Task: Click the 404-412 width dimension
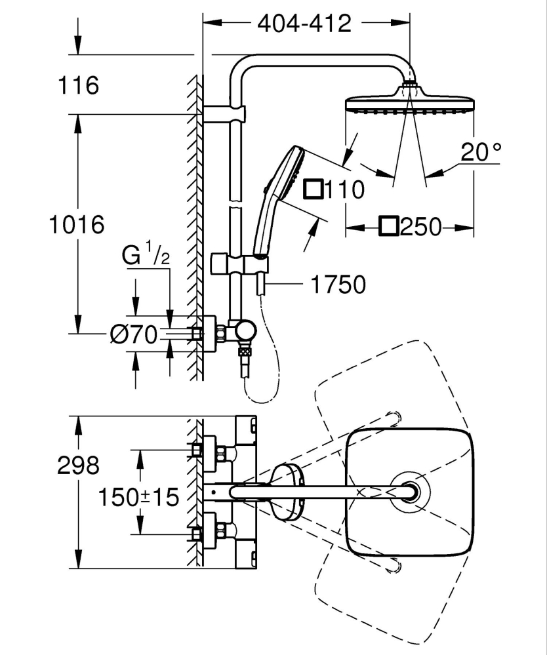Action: tap(304, 24)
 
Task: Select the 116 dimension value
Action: tap(77, 85)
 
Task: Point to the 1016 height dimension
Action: tap(77, 225)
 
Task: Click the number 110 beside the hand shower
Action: tap(345, 190)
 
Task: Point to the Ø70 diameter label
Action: tap(134, 335)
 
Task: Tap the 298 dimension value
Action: tap(77, 466)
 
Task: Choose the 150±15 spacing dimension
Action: tap(138, 497)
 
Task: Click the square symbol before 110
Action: tap(314, 189)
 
